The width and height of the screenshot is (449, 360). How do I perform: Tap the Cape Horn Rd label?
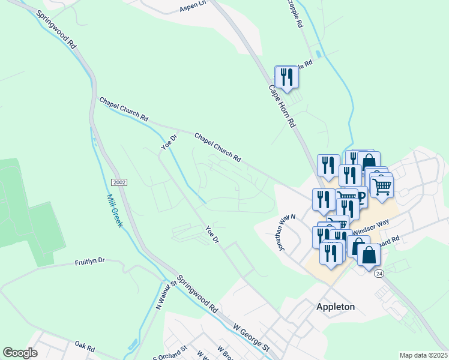click(282, 105)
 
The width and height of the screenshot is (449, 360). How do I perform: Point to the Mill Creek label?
click(114, 210)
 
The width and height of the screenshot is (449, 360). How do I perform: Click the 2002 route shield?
click(119, 182)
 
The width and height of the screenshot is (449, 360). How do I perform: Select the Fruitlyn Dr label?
click(90, 262)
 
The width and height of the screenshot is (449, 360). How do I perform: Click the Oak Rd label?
click(85, 346)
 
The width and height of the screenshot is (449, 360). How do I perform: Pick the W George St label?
click(250, 337)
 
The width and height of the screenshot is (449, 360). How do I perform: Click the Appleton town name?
click(336, 307)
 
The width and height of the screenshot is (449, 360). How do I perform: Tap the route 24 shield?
click(379, 273)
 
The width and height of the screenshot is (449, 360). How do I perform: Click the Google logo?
click(20, 353)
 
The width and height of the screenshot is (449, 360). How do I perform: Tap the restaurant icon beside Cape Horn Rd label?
click(286, 77)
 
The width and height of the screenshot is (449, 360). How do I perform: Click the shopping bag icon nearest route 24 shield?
click(369, 254)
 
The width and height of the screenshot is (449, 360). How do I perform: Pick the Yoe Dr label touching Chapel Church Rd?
click(169, 142)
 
